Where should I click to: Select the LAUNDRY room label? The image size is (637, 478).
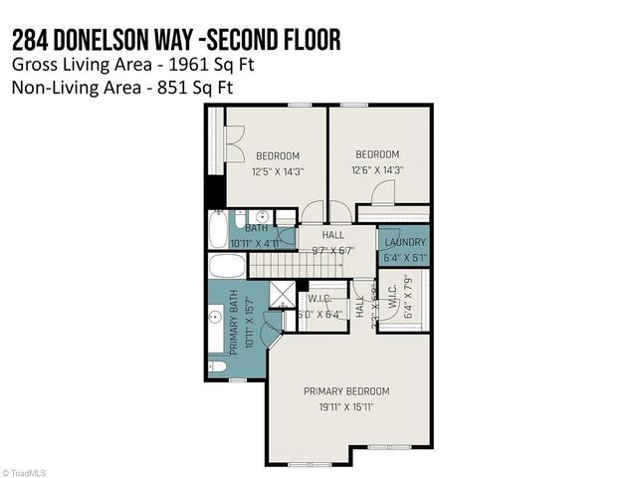404,242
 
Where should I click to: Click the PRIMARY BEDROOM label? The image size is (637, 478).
346,391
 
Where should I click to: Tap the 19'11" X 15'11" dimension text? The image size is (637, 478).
346,407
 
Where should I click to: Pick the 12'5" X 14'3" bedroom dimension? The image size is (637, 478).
278,171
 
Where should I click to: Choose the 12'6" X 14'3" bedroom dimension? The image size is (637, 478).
377,170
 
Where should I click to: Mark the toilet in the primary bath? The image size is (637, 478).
219,367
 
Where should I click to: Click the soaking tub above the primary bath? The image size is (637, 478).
226,267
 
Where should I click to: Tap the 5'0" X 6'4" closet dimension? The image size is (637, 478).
319,314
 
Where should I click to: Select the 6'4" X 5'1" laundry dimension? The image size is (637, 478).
404,257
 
